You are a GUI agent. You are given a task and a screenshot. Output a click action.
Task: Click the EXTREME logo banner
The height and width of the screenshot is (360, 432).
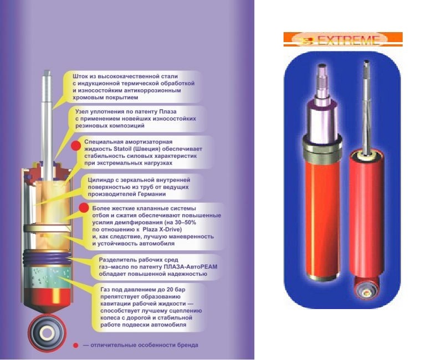click(343, 39)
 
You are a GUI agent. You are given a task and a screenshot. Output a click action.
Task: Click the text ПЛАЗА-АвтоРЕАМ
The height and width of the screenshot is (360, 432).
click(191, 266)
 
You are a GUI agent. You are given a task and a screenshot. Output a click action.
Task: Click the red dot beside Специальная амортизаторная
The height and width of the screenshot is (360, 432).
click(76, 146)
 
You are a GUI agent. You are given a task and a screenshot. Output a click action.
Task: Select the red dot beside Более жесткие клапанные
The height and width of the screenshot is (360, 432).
click(84, 208)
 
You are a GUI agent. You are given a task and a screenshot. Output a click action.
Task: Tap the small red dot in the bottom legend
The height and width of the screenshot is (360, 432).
click(75, 346)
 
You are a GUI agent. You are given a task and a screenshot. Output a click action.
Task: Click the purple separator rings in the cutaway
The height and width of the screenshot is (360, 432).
click(48, 258)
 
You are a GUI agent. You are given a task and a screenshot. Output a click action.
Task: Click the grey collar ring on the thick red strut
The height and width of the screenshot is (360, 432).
click(322, 150)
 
